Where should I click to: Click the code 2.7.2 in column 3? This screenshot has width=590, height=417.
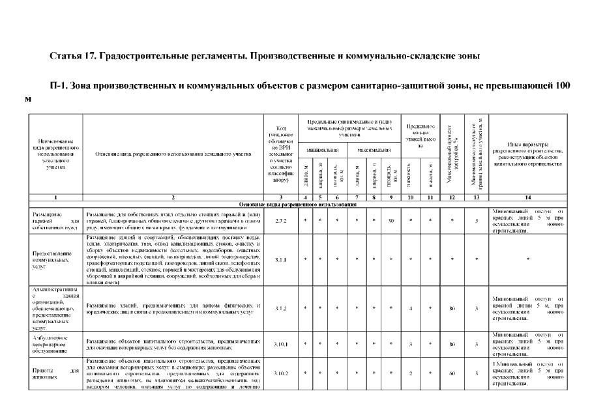282,222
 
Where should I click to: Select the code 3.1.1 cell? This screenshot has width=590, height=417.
282,259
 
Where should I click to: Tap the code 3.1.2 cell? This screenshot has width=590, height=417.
282,309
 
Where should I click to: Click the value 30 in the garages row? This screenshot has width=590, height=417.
391,222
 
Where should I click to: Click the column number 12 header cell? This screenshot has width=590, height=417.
452,197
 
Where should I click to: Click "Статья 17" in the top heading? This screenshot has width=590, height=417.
73,56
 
